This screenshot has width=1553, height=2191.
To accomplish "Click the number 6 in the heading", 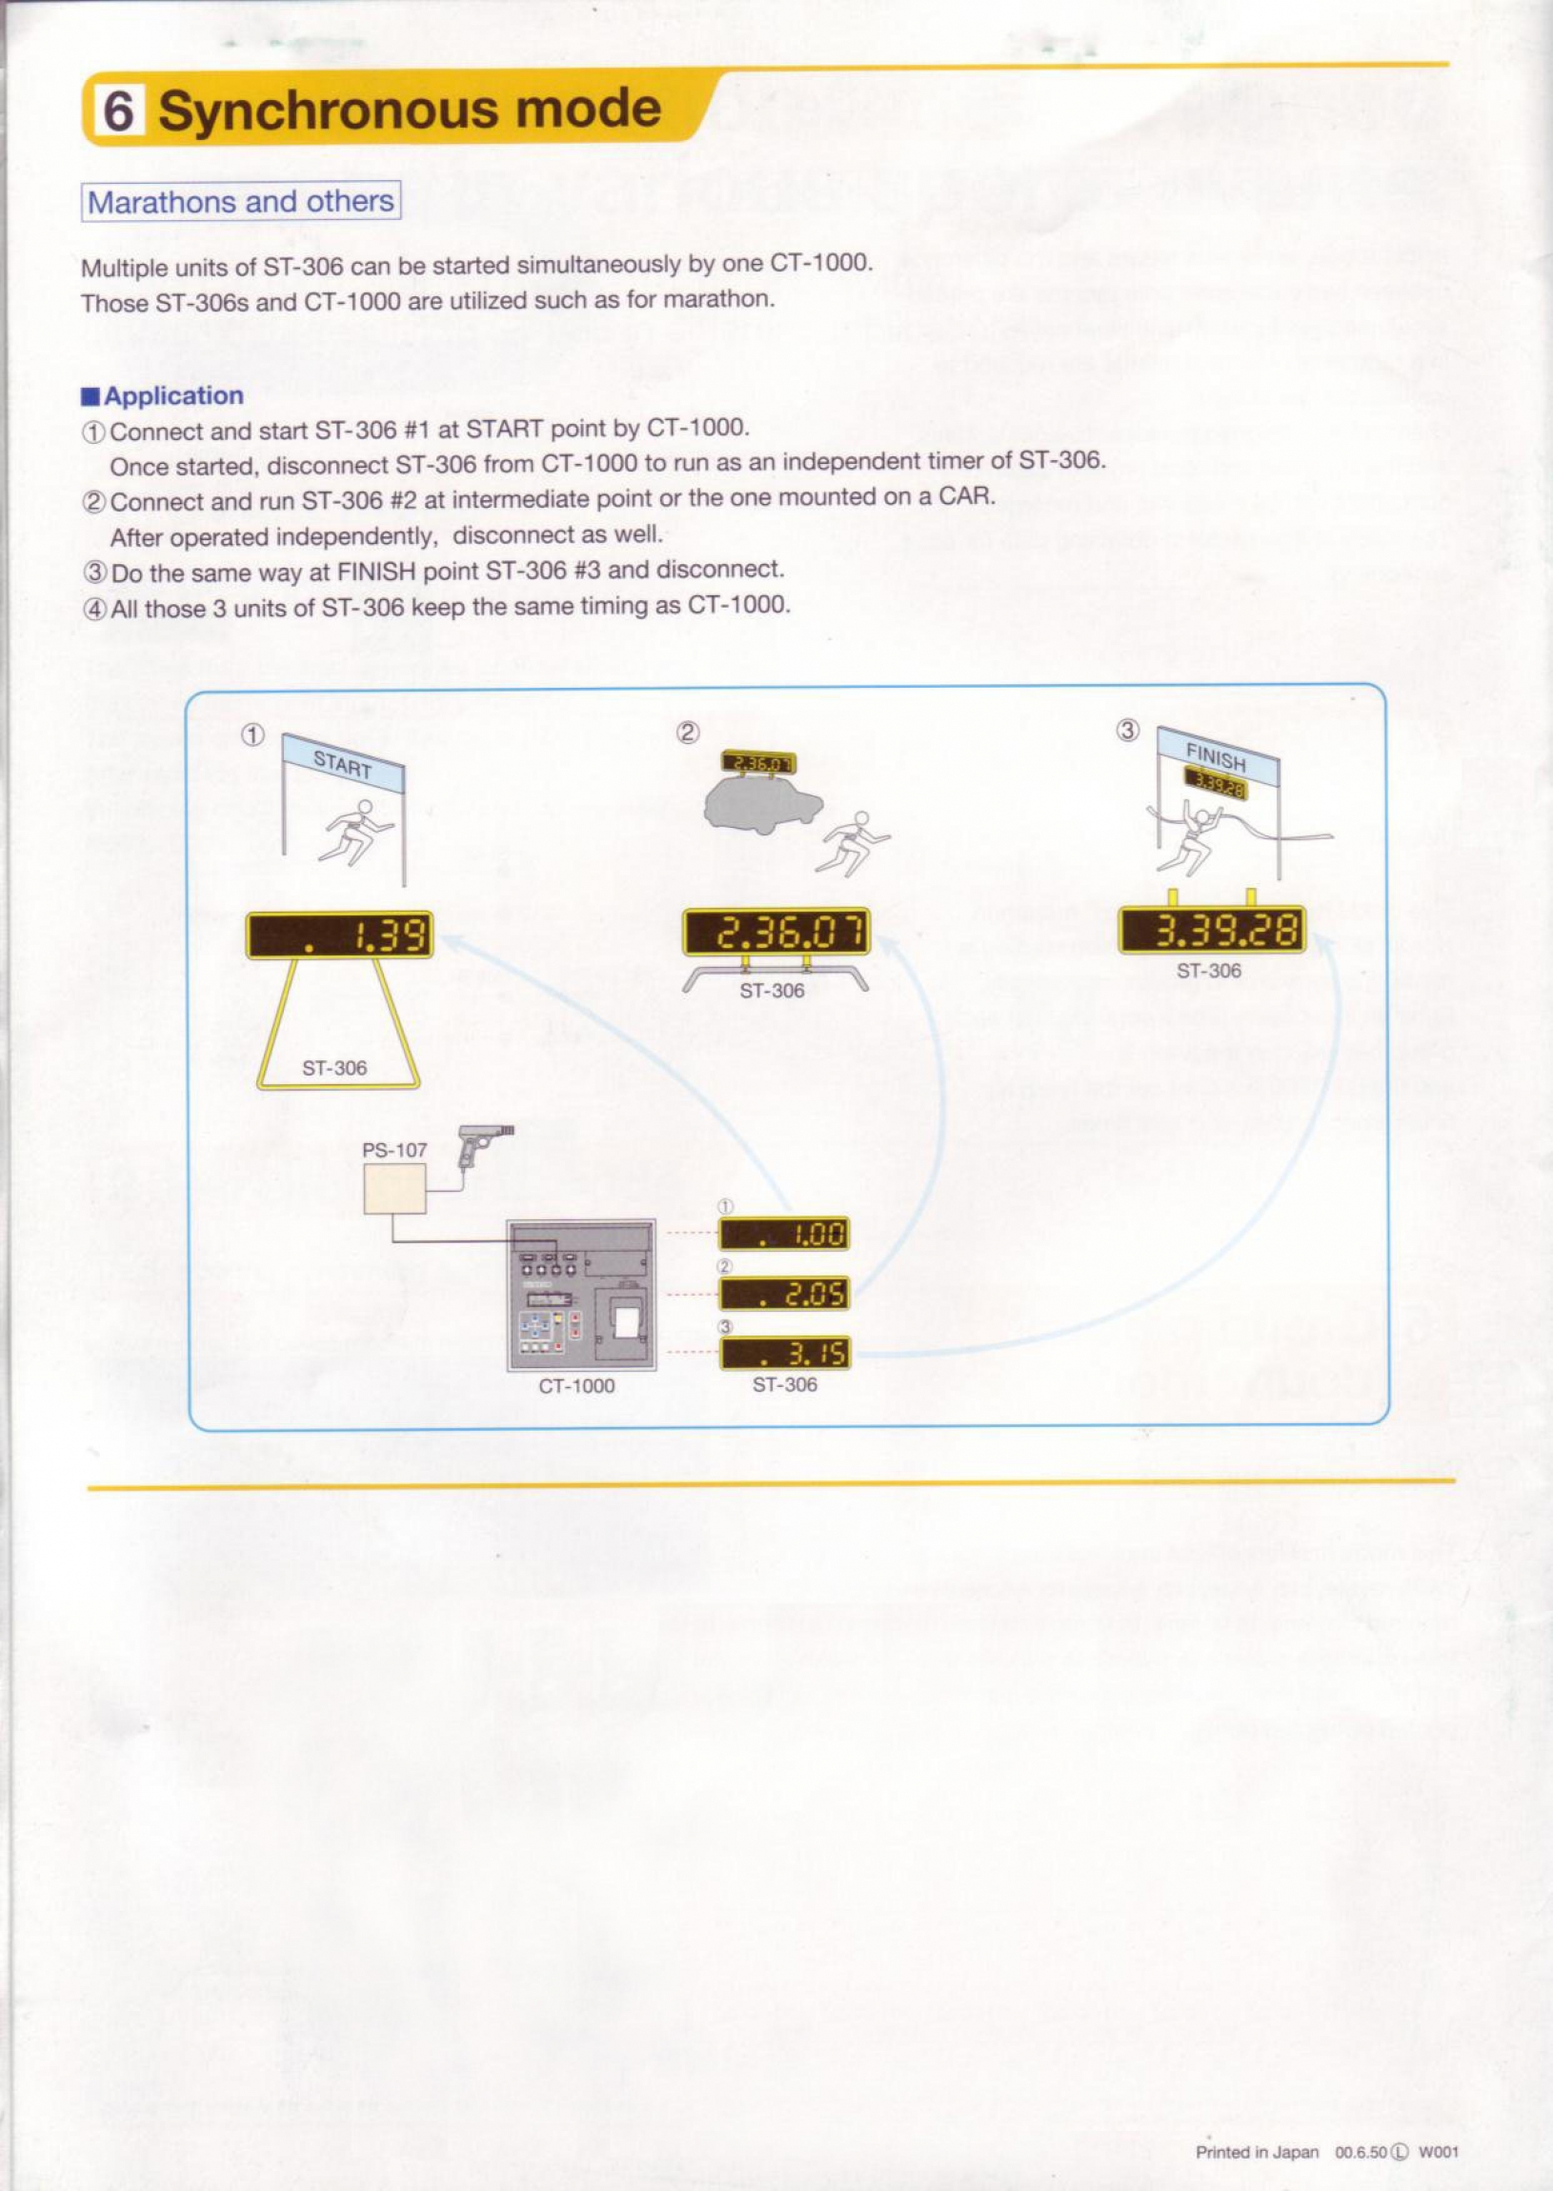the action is (x=117, y=111).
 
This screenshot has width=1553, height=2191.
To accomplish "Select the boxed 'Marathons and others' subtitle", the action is (x=240, y=202).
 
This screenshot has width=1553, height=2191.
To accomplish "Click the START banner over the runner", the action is (x=342, y=765).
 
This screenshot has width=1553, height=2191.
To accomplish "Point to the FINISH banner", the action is (x=1217, y=756).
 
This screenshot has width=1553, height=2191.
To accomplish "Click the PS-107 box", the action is (x=395, y=1189).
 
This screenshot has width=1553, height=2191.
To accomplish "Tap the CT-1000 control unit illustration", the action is (x=580, y=1296).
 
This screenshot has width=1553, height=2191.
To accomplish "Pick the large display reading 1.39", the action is (x=339, y=935).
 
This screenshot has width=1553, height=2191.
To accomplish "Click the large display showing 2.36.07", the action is (x=776, y=932).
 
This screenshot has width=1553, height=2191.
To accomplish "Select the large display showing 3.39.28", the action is (x=1213, y=930).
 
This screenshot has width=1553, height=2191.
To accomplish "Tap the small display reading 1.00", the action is (x=784, y=1235).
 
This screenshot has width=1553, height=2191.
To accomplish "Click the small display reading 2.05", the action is (x=784, y=1295).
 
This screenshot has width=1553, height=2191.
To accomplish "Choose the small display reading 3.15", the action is (x=784, y=1354).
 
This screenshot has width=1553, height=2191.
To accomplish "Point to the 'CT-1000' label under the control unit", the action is (x=576, y=1386).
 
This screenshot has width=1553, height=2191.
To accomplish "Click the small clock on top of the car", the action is (x=758, y=763).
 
